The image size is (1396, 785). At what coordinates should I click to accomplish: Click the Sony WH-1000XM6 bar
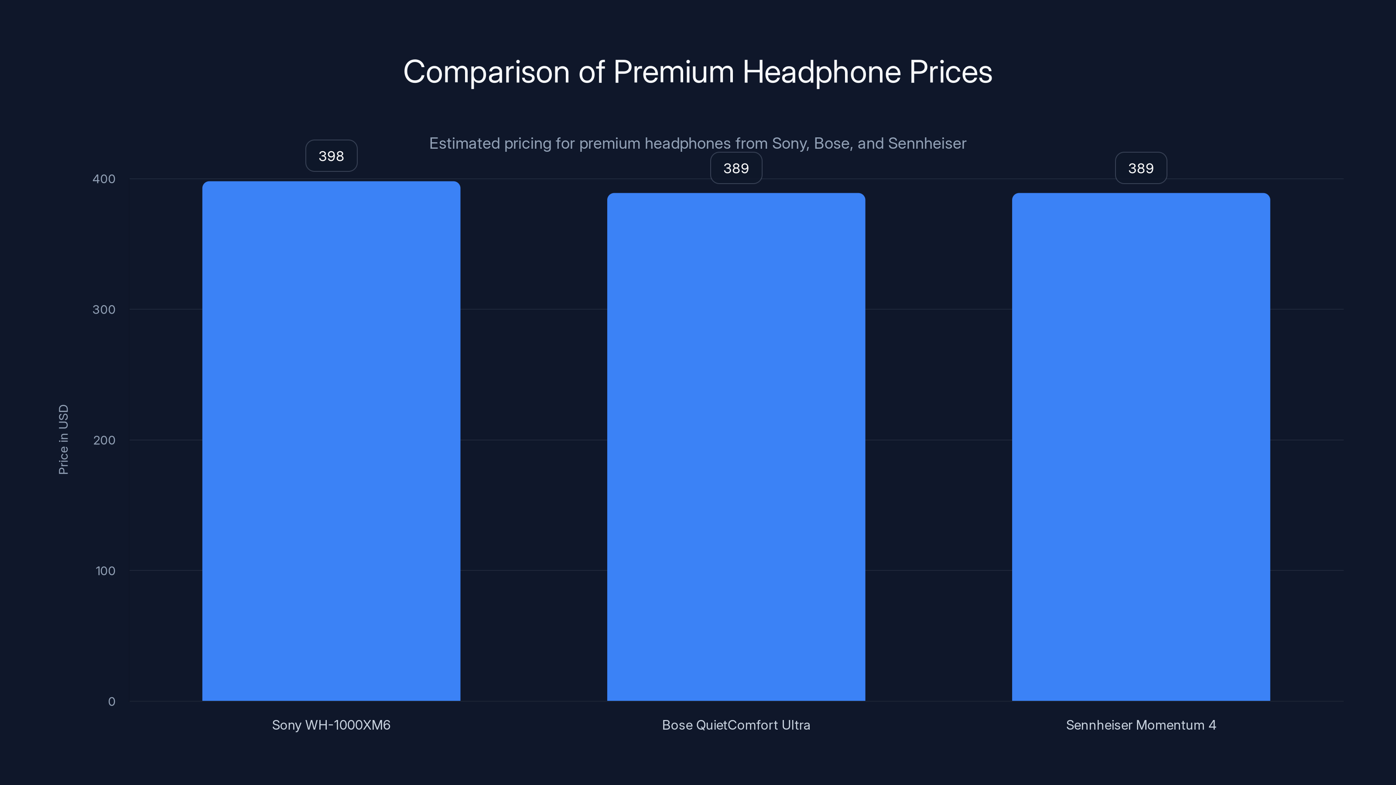pos(331,441)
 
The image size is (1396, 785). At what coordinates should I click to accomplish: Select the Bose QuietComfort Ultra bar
pos(736,447)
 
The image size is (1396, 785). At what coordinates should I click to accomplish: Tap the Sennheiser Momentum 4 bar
pos(1141,447)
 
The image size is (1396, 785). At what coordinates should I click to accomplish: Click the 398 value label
pos(331,156)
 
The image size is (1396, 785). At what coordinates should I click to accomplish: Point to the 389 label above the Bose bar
pos(736,168)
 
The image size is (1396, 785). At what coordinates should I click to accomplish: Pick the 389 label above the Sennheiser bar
pos(1141,168)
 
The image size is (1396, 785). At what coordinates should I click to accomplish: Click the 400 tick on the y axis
pos(104,179)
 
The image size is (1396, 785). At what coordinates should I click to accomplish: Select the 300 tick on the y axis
pos(104,309)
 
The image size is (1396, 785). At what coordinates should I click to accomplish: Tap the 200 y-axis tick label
pos(104,440)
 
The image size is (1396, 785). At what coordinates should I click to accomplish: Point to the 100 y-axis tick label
pos(105,570)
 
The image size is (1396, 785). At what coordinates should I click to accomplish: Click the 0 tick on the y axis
pos(112,702)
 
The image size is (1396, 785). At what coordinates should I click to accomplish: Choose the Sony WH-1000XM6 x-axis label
pos(331,725)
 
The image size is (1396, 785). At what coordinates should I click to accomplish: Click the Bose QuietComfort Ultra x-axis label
pos(736,725)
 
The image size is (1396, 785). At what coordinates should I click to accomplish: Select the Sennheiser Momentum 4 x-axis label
pos(1141,725)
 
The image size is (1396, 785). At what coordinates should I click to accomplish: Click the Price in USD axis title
pos(63,439)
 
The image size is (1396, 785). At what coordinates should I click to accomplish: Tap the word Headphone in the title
pos(821,72)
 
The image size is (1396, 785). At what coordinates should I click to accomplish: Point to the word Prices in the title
pos(951,72)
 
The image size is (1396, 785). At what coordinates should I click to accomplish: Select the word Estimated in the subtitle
pos(464,143)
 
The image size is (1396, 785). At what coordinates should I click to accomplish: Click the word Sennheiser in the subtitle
pos(927,143)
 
